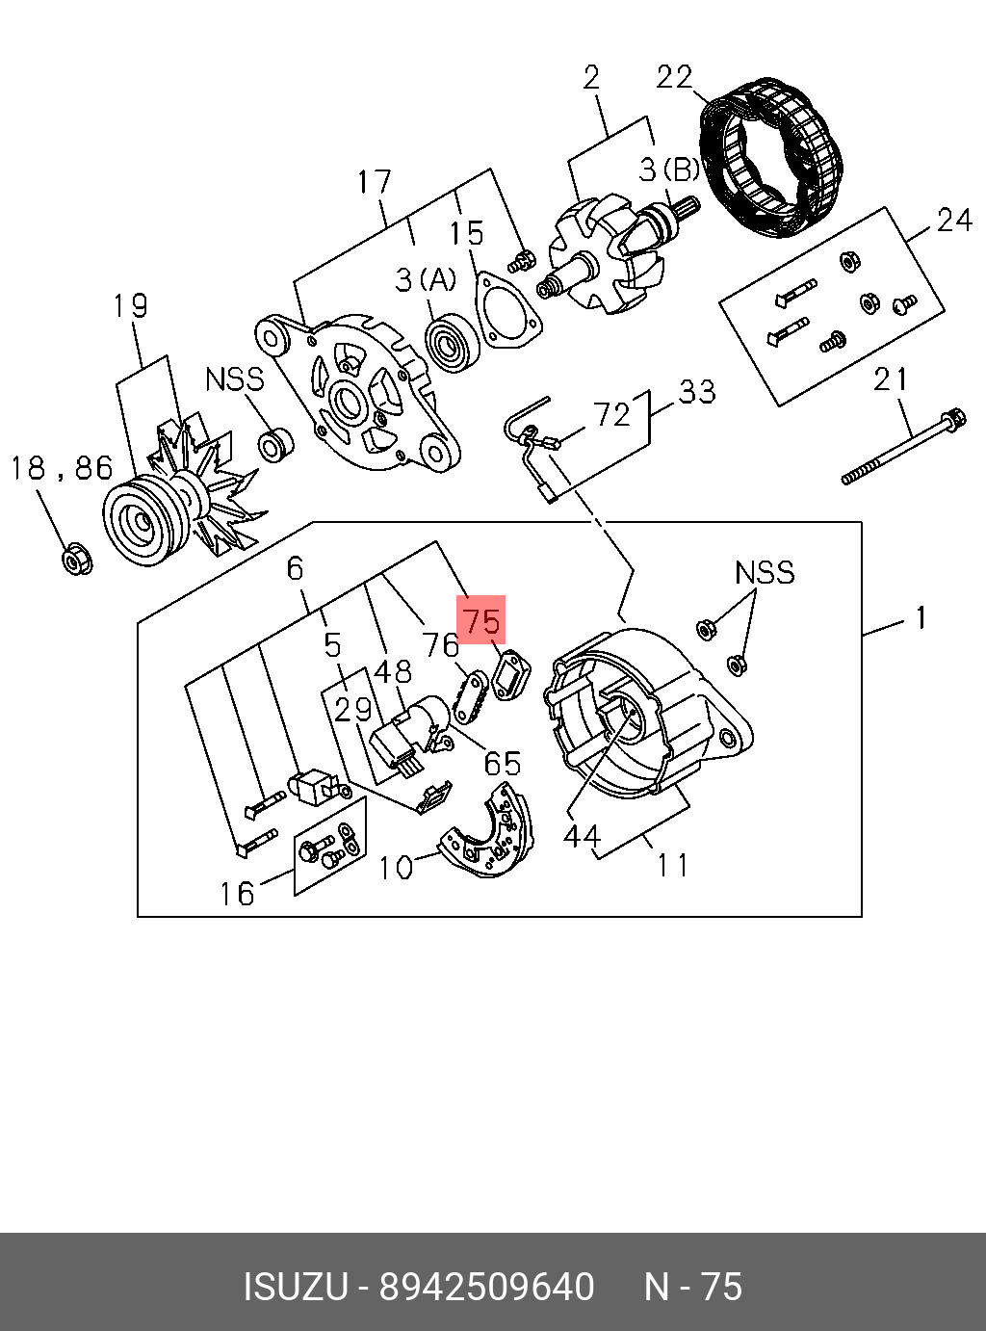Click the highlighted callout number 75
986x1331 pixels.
[481, 619]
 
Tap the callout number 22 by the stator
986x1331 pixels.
[674, 76]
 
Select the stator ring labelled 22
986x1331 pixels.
[775, 159]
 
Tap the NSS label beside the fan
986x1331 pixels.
[234, 378]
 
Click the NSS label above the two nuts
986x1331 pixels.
[765, 572]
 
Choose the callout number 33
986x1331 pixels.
[697, 391]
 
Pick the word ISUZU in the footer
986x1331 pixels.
[295, 1287]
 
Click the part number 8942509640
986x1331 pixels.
[486, 1287]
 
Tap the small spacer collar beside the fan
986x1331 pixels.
[276, 444]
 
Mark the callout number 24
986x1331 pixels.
[953, 220]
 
